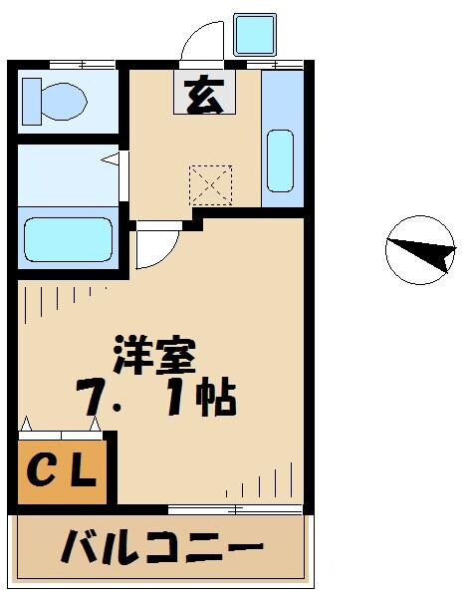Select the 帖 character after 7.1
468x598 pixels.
[x=217, y=399]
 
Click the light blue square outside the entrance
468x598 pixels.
[x=253, y=35]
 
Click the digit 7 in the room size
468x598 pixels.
[x=92, y=399]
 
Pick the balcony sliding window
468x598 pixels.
[x=235, y=510]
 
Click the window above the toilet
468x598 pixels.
[x=69, y=65]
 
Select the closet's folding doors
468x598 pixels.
[x=61, y=430]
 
